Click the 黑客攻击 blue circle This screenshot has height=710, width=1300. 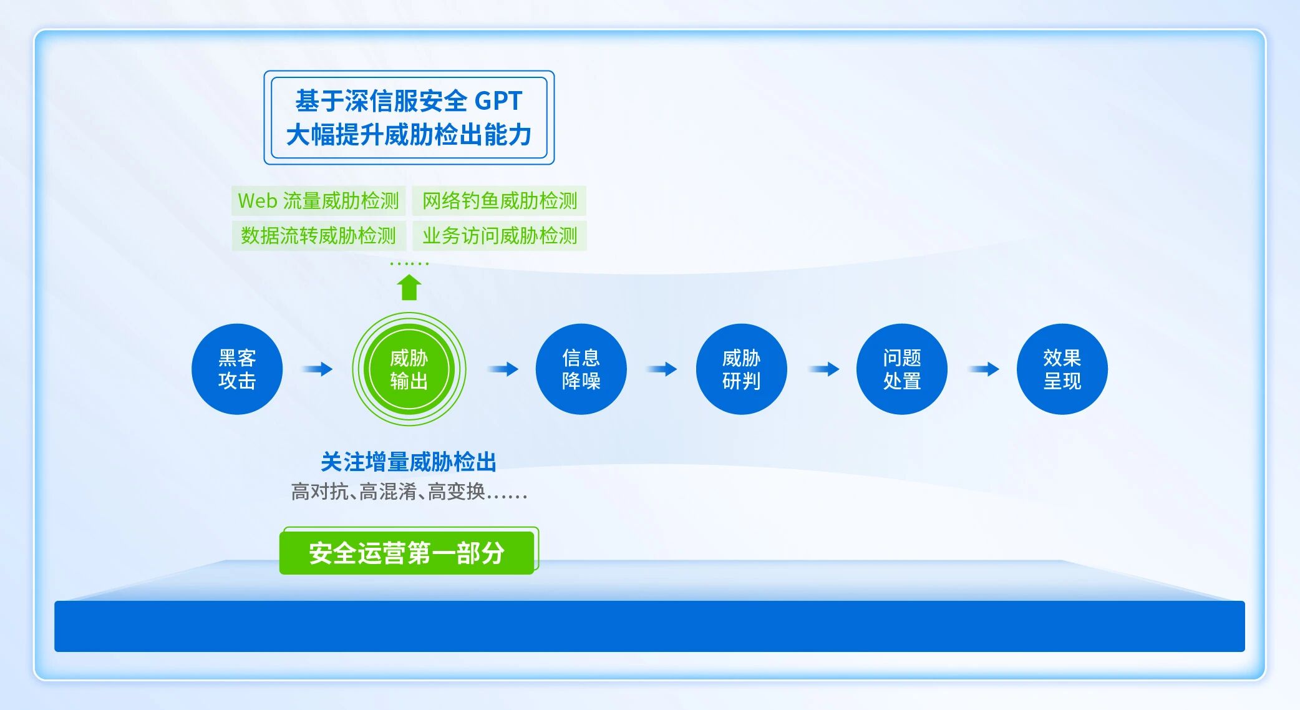point(237,369)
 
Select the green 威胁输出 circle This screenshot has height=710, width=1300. point(409,369)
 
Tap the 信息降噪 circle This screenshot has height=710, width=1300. point(581,369)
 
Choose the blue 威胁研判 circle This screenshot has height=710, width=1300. point(741,369)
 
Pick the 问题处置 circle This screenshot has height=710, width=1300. point(901,369)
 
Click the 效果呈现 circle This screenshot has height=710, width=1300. point(1062,369)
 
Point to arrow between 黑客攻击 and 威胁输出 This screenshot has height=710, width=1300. point(318,369)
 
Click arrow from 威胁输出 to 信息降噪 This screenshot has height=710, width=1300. point(503,369)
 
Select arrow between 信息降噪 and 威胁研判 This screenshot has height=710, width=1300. point(662,369)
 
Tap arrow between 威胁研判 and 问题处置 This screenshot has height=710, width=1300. point(824,369)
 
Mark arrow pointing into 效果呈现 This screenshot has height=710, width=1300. point(984,369)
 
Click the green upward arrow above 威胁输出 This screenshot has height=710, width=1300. point(409,288)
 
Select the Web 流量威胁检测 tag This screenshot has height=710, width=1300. point(318,201)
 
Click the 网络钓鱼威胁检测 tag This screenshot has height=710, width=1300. point(499,201)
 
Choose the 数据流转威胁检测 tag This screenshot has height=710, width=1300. point(318,235)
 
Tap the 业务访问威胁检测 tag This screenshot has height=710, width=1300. point(499,235)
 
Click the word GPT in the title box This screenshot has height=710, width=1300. point(498,100)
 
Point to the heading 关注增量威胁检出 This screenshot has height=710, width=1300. point(409,462)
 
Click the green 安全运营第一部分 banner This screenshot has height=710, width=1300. point(407,553)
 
